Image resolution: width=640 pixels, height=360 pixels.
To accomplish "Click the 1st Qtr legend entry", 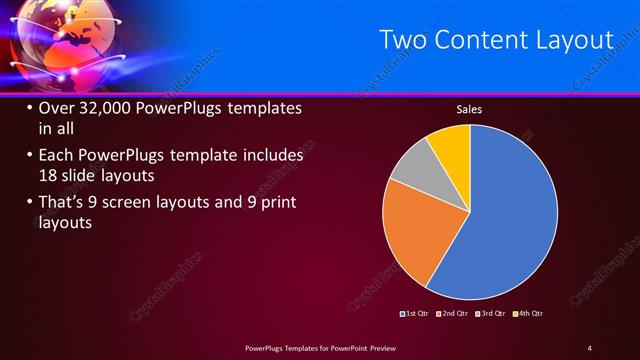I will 415,313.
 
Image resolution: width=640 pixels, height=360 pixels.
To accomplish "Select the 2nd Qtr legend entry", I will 454,313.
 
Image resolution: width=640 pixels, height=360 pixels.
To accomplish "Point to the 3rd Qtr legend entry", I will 492,313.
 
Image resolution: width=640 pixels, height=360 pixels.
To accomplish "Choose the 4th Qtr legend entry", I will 529,313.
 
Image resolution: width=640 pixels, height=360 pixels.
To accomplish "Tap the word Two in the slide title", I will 403,40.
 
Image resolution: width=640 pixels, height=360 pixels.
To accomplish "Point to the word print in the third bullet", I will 277,203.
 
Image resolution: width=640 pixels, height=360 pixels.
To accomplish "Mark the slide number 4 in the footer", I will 589,347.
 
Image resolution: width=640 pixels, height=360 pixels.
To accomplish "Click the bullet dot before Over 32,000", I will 29,108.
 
